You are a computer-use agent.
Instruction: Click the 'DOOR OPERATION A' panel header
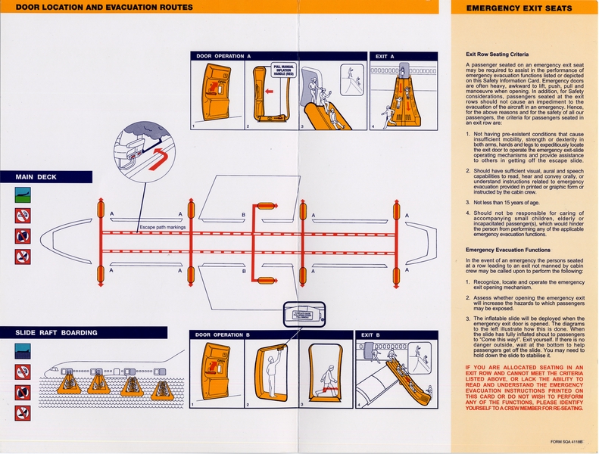(x=223, y=56)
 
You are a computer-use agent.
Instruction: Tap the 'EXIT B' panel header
(x=371, y=334)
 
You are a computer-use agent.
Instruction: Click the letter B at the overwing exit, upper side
(x=243, y=215)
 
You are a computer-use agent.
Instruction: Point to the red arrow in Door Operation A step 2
(x=269, y=93)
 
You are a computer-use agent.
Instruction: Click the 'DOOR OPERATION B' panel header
(x=223, y=334)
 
